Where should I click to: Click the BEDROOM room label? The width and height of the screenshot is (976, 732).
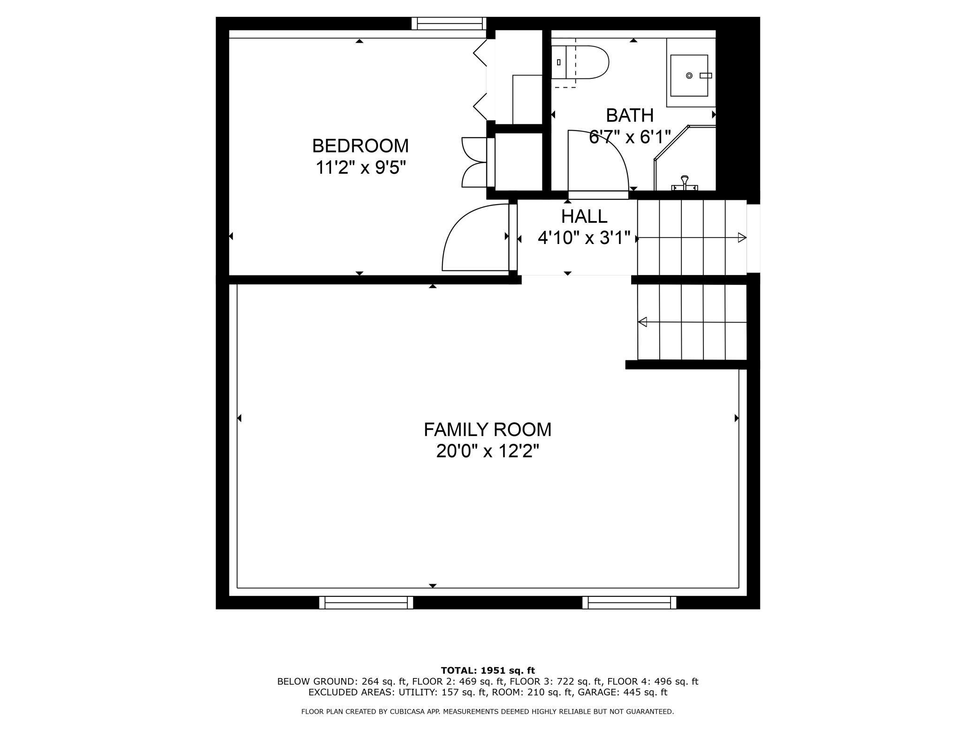(360, 146)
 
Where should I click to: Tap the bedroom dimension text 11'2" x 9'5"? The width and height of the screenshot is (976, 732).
(360, 168)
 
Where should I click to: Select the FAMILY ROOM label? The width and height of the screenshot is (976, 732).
(488, 430)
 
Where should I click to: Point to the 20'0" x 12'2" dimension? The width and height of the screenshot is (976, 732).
(488, 451)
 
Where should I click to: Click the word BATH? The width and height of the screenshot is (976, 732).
(630, 115)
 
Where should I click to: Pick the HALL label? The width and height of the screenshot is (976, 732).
(584, 217)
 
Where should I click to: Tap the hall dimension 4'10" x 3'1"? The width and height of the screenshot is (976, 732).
(584, 238)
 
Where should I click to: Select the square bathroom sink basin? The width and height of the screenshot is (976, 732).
(689, 76)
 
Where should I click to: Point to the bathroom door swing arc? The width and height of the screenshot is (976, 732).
(605, 160)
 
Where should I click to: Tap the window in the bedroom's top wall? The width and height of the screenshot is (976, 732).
(449, 23)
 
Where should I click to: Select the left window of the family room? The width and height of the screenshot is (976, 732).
(366, 602)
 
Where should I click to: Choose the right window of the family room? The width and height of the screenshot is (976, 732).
(629, 602)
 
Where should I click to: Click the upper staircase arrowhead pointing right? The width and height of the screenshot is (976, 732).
(742, 238)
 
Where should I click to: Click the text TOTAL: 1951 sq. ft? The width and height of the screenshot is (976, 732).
(488, 671)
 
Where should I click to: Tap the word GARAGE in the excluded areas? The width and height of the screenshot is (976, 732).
(598, 692)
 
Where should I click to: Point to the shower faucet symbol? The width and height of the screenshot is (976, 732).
(685, 183)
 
